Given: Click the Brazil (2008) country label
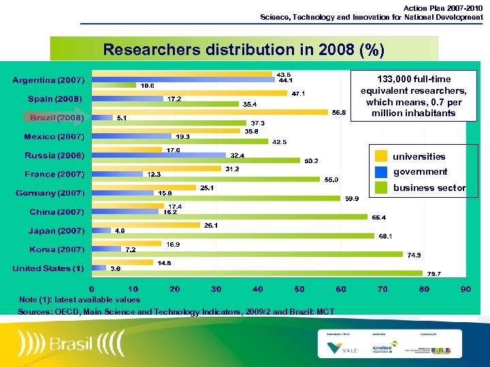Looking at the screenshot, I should [x=57, y=118].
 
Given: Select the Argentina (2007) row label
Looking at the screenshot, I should [x=48, y=81].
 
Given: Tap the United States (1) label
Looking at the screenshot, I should [x=48, y=268].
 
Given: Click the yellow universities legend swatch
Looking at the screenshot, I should [x=381, y=156].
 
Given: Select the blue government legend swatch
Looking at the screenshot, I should [x=381, y=172].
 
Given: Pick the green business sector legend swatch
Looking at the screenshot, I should [x=381, y=188].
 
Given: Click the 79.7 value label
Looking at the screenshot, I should [x=434, y=274].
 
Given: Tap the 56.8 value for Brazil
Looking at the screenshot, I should [x=338, y=113].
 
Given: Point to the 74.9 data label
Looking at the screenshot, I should [x=414, y=256].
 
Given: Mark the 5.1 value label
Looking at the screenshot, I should [x=122, y=118].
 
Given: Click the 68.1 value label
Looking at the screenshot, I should [x=386, y=237].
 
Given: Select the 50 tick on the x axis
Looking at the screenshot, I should [x=299, y=289].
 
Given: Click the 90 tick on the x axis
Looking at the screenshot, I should [x=465, y=289].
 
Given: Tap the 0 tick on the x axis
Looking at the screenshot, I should [x=92, y=289].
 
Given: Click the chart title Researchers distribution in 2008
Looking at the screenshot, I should [x=243, y=50].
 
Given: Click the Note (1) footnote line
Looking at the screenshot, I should [x=80, y=300].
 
